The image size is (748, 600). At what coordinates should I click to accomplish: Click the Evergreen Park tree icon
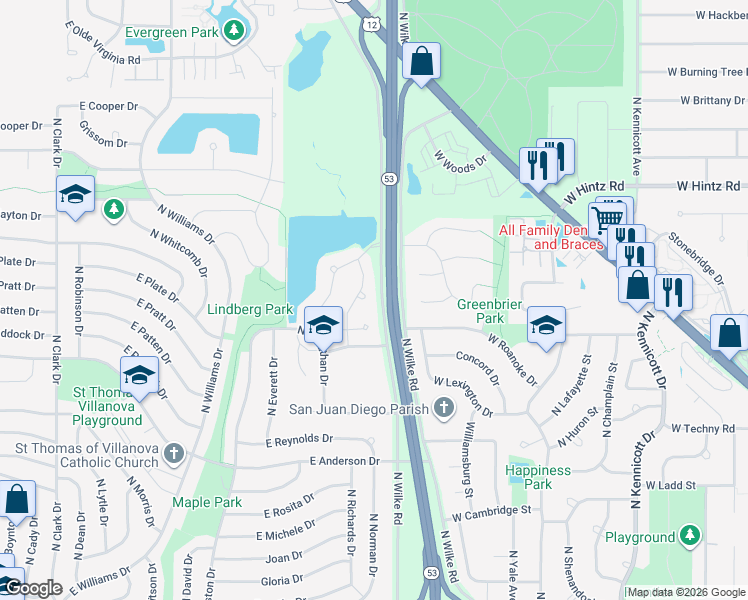pyautogui.click(x=234, y=32)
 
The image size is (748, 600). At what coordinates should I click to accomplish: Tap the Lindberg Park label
pyautogui.click(x=249, y=310)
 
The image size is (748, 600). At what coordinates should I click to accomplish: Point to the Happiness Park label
pyautogui.click(x=537, y=477)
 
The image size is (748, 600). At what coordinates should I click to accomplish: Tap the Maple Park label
pyautogui.click(x=207, y=502)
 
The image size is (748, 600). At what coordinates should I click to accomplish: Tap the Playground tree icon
pyautogui.click(x=689, y=537)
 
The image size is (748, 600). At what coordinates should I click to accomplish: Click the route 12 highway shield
pyautogui.click(x=371, y=23)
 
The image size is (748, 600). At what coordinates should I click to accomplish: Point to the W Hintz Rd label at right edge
pyautogui.click(x=708, y=186)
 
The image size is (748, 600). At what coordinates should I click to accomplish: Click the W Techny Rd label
pyautogui.click(x=703, y=428)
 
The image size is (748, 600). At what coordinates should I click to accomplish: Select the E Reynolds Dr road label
pyautogui.click(x=298, y=439)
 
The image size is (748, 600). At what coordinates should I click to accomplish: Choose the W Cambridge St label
pyautogui.click(x=490, y=511)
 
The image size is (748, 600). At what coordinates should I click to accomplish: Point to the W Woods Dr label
pyautogui.click(x=459, y=159)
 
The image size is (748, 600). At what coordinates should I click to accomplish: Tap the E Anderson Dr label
pyautogui.click(x=345, y=461)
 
